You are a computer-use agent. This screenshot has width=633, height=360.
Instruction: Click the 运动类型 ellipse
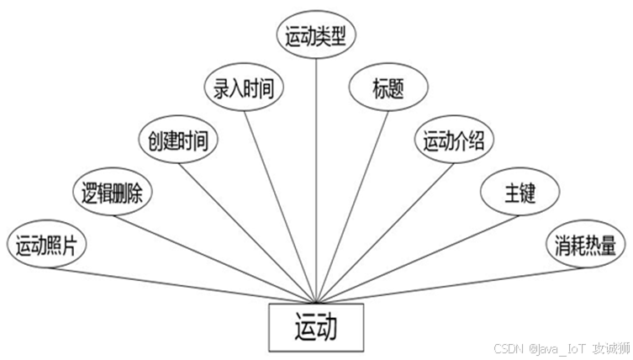(317, 34)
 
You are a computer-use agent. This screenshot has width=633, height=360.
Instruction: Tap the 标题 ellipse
(388, 87)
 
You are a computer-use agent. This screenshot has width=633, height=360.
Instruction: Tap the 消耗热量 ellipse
(585, 246)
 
